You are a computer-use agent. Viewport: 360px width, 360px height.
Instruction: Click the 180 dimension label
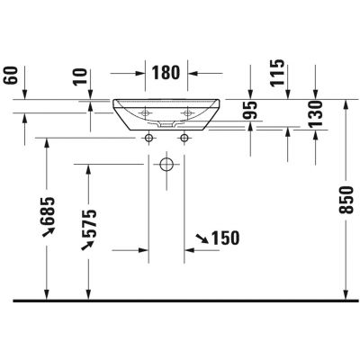(x=166, y=73)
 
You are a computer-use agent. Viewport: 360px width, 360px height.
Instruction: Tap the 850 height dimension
(x=346, y=200)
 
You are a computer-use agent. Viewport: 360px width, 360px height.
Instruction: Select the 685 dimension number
(x=48, y=211)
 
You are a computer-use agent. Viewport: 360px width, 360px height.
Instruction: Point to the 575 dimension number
(x=89, y=223)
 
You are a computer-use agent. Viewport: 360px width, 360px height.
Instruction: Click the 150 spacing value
(x=226, y=238)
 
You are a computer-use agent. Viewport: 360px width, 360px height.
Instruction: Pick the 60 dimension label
(x=12, y=76)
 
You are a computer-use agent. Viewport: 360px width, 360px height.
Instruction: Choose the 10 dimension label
(x=80, y=77)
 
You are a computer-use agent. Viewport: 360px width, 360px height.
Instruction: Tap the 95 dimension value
(x=250, y=110)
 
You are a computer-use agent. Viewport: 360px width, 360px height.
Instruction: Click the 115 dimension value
(x=276, y=73)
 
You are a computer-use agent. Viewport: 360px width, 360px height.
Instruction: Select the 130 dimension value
(x=315, y=114)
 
